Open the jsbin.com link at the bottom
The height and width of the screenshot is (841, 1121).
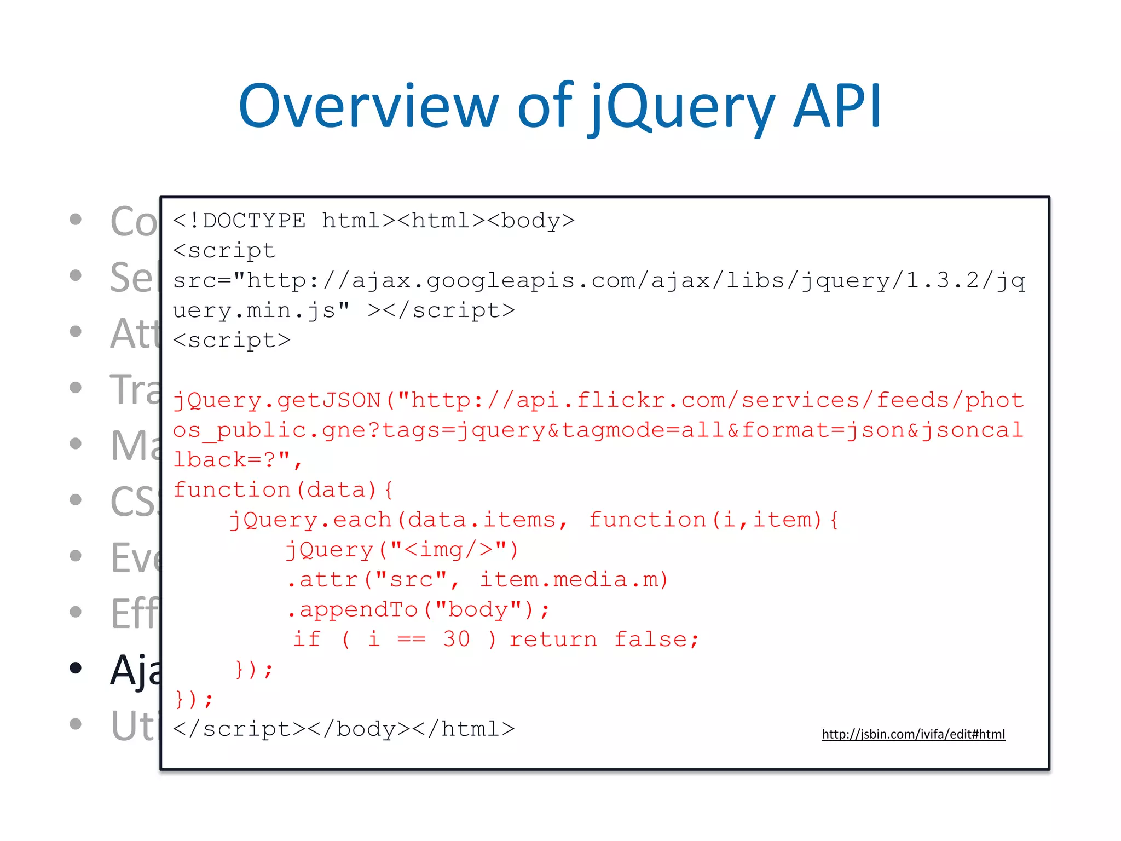pos(913,734)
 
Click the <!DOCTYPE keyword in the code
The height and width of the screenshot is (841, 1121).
pos(239,221)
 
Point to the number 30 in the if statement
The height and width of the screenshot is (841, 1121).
pos(457,639)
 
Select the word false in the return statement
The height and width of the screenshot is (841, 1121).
pos(656,639)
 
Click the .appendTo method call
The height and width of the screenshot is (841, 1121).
pos(353,609)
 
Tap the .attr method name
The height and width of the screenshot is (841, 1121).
pos(323,579)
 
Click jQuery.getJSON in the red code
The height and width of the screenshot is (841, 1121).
pos(277,400)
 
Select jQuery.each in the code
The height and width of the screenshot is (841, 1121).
pos(311,520)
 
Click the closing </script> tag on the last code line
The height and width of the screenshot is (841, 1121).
pos(239,729)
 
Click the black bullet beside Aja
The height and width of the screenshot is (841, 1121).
pos(76,668)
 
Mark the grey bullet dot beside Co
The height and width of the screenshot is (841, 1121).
pos(76,220)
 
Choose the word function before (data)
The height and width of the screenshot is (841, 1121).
pos(232,489)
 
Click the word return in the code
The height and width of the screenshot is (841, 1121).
pos(553,639)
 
